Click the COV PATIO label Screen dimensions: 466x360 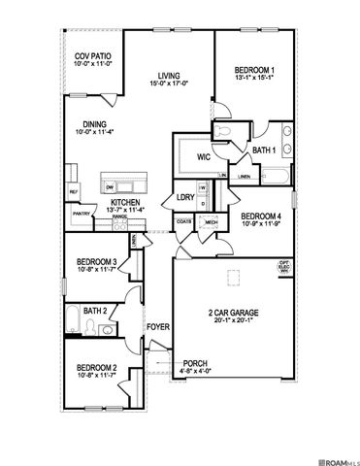[92, 56]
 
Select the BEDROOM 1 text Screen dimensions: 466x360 [254, 70]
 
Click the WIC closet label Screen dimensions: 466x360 [204, 156]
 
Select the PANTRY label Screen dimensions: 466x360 [82, 214]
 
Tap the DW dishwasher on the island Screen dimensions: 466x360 [110, 185]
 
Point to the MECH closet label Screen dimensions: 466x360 [211, 222]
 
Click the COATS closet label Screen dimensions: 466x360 [183, 222]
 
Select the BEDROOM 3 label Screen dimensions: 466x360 [97, 261]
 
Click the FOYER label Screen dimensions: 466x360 [158, 326]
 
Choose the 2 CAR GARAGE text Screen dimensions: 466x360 [233, 312]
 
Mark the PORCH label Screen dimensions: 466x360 [195, 363]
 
